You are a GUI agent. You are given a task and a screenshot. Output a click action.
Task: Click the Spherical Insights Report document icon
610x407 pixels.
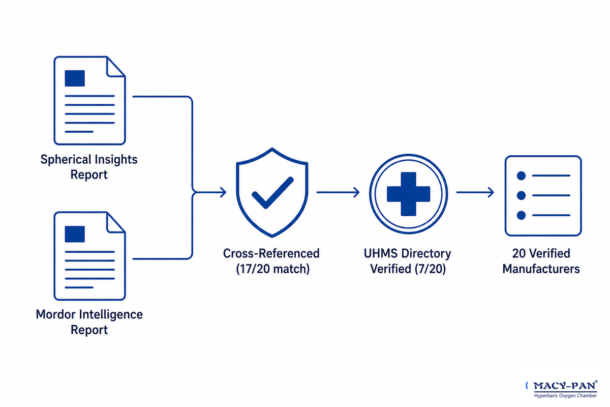(89, 100)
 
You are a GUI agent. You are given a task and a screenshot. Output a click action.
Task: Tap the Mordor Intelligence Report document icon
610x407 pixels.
(89, 256)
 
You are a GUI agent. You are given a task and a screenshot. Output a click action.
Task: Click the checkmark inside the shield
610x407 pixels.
(272, 193)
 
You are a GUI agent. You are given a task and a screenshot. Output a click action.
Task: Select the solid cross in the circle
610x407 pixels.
(409, 194)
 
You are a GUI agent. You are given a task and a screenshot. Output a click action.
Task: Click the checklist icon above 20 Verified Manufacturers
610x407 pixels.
(543, 196)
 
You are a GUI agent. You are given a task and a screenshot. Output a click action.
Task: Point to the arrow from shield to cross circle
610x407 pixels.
(338, 192)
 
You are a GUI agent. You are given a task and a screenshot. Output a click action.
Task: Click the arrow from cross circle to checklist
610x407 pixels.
(475, 192)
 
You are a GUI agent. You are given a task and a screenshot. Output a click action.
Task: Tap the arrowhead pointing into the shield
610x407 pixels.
(223, 192)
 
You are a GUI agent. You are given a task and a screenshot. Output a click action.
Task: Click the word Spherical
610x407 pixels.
(66, 159)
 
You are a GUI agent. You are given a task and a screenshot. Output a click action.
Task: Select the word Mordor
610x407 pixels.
(55, 314)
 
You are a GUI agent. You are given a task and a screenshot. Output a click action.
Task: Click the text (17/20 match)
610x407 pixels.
(272, 269)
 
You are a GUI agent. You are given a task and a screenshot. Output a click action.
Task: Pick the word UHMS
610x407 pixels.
(380, 253)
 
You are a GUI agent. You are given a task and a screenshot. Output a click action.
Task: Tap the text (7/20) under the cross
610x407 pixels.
(430, 269)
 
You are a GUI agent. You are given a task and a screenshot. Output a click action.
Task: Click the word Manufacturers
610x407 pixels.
(541, 269)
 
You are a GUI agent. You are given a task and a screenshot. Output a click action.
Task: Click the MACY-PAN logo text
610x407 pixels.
(564, 386)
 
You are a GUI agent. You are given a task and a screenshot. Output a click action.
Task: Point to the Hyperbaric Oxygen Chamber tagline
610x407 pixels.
(565, 395)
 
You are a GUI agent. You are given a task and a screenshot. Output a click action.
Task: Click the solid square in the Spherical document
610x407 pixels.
(75, 78)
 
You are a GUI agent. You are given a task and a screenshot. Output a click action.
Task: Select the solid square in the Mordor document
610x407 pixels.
(75, 234)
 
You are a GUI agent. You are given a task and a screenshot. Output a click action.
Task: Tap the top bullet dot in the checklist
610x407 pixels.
(521, 176)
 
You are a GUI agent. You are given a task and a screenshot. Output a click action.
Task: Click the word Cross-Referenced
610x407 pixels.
(271, 253)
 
